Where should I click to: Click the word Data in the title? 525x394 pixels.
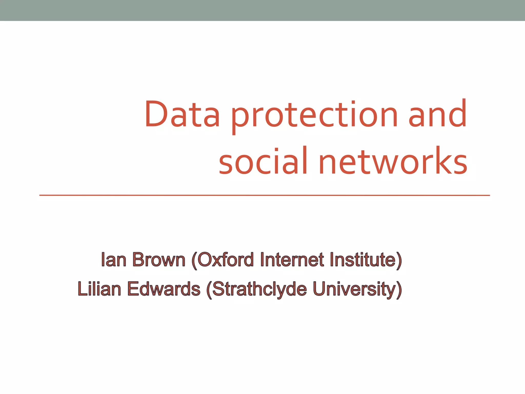[182, 114]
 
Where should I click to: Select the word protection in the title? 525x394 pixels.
[314, 115]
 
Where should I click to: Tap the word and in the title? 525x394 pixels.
[437, 114]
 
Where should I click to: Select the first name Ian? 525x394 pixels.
[114, 260]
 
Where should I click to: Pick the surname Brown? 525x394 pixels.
[159, 260]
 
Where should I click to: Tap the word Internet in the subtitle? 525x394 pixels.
[292, 260]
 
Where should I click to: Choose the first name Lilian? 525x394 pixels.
[99, 289]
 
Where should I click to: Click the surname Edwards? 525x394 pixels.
[164, 289]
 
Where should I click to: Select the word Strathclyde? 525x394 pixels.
[259, 289]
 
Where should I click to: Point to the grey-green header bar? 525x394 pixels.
[262, 10]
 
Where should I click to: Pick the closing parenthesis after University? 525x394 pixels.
[399, 290]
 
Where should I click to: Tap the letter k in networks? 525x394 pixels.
[441, 161]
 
